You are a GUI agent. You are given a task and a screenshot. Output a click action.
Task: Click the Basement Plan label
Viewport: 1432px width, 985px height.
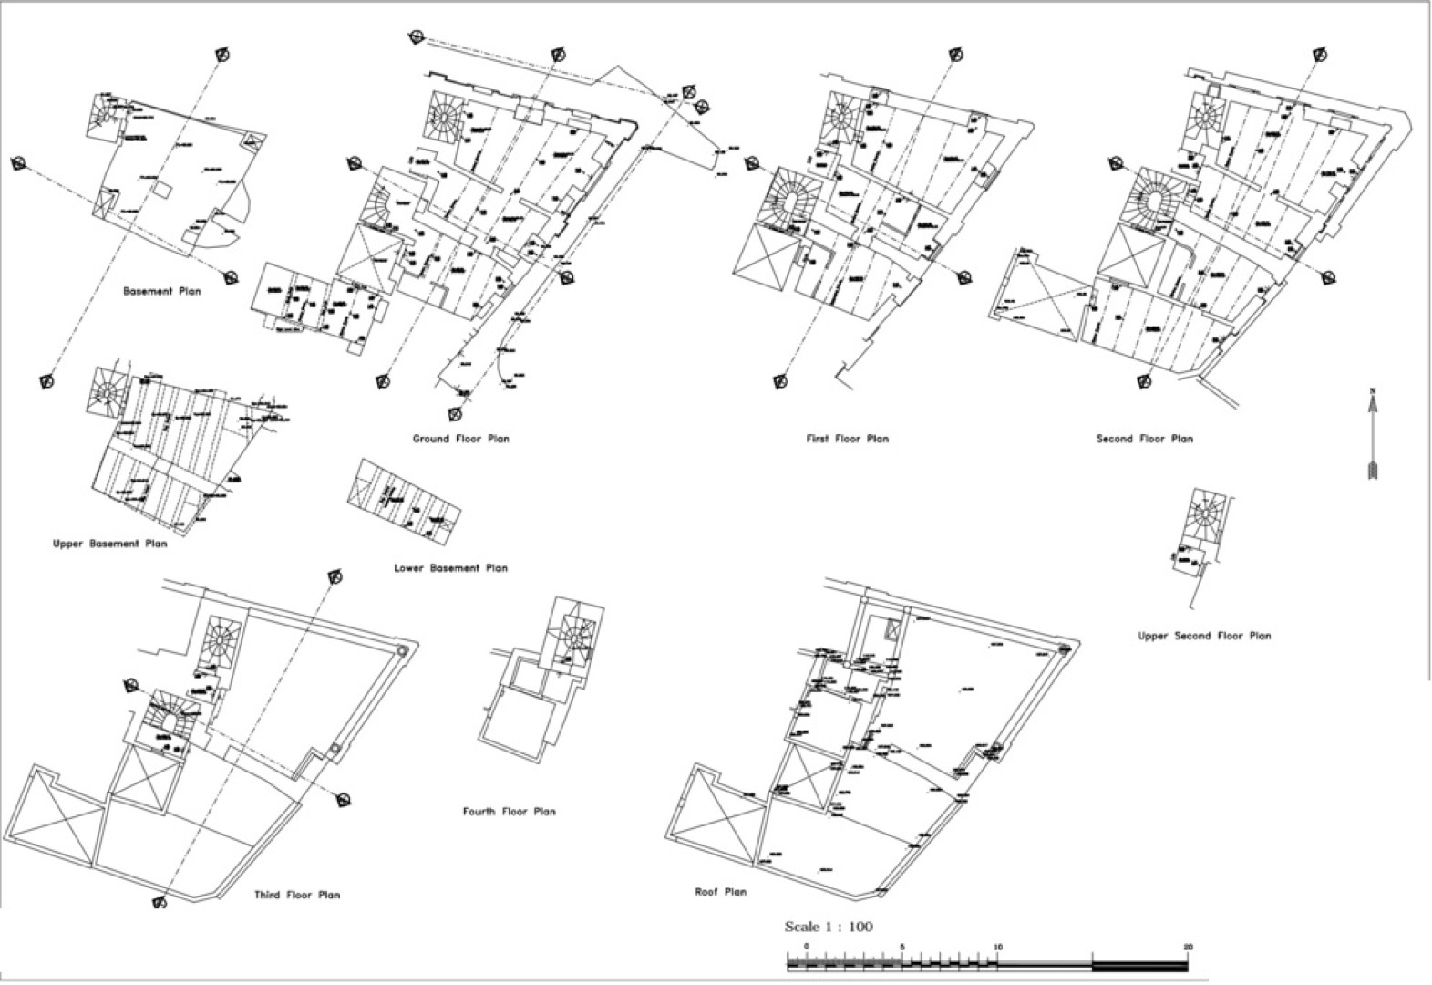161,292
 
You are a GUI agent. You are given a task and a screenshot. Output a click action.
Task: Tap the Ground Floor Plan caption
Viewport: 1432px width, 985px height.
460,439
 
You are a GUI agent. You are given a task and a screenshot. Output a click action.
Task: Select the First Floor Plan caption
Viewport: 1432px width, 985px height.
847,439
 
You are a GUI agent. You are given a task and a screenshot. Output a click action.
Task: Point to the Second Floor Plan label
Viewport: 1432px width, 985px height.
1144,439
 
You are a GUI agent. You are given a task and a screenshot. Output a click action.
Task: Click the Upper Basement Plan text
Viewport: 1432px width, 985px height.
110,544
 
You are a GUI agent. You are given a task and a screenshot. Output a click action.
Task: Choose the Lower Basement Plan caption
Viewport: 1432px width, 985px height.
450,568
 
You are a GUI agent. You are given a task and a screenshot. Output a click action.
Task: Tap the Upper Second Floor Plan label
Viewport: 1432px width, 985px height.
1203,636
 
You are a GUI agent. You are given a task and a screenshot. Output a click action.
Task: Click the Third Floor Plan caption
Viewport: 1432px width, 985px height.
297,896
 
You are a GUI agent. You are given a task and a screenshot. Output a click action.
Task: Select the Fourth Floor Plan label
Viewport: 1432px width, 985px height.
509,812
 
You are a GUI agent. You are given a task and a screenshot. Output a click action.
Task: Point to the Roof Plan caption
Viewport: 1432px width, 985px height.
720,892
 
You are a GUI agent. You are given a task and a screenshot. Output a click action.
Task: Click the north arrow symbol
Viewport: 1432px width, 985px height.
1373,433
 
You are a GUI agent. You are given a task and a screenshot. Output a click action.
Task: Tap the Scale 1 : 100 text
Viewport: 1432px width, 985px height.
828,928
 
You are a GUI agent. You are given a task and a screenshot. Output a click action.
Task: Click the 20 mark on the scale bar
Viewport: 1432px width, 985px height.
1188,948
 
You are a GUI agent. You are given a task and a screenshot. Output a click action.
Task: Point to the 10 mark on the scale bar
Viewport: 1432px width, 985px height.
997,948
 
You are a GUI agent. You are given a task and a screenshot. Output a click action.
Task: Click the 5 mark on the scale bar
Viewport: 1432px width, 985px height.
901,948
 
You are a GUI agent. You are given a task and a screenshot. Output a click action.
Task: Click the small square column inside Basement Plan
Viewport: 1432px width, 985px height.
161,191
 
